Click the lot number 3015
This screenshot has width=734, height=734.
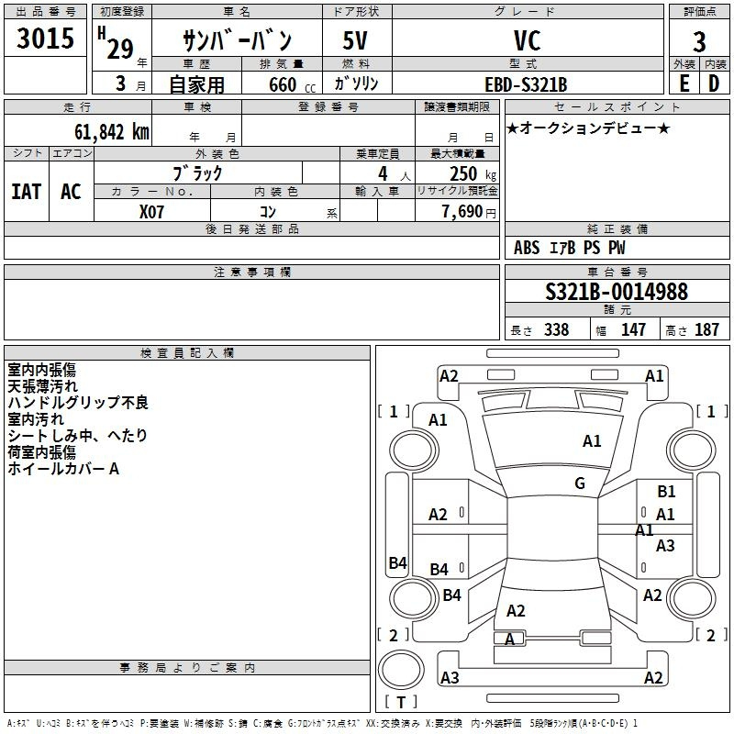(46, 38)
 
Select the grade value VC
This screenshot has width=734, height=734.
(527, 40)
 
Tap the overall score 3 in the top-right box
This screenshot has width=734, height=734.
(699, 41)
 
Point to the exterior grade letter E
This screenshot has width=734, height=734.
(684, 83)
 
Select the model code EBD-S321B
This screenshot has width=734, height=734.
(526, 84)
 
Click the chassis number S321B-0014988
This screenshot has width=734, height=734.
(616, 292)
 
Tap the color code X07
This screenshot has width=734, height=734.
(152, 210)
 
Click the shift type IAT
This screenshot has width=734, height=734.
(26, 191)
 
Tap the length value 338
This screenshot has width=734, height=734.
(556, 329)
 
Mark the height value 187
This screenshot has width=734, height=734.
(706, 329)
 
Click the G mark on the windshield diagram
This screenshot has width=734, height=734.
(580, 484)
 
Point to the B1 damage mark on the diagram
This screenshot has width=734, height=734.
(666, 492)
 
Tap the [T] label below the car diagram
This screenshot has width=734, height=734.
(401, 702)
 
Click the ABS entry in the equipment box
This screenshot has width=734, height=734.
(527, 248)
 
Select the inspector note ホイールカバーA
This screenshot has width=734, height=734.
(63, 469)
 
